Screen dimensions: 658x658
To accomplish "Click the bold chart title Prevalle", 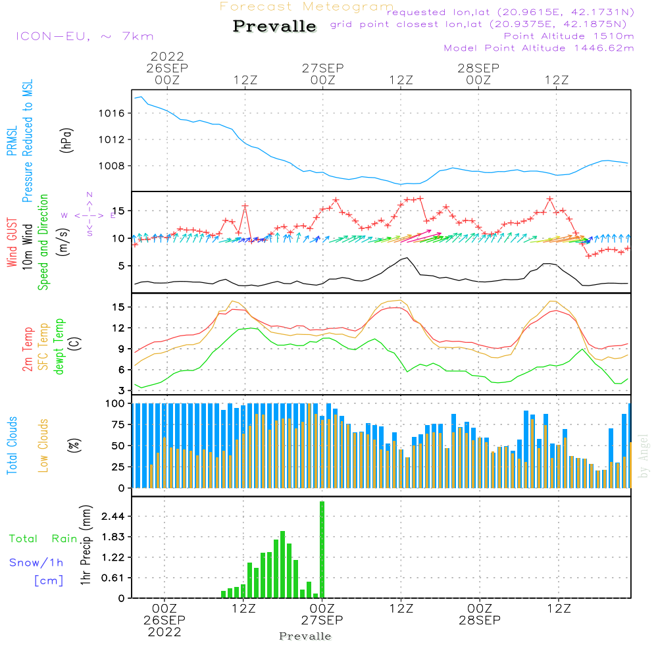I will (275, 26).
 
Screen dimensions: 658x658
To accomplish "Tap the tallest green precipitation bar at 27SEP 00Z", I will (322, 549).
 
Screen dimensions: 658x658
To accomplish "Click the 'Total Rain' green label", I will (43, 539).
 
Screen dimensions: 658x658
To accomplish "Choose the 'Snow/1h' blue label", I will (37, 563).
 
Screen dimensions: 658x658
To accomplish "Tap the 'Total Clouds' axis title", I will (13, 445).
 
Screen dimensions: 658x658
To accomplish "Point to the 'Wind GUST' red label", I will (13, 243).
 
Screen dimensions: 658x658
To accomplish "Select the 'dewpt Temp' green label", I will (59, 347).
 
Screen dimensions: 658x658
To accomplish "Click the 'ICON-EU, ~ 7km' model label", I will (84, 36).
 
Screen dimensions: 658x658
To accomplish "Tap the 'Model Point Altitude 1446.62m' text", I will (539, 48).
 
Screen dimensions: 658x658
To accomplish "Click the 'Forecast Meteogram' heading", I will (307, 7).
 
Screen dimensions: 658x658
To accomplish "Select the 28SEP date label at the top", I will (478, 68).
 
